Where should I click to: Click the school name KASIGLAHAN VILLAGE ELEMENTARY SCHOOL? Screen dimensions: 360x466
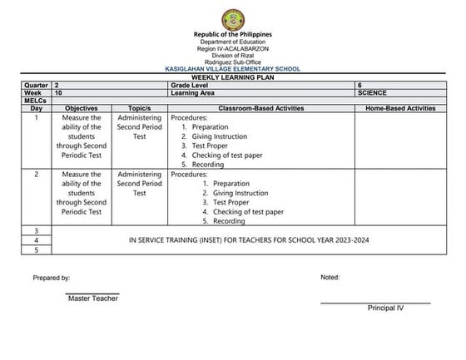coord(233,70)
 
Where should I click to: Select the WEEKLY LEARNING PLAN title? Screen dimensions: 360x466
coord(233,77)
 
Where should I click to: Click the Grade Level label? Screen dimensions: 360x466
coord(191,86)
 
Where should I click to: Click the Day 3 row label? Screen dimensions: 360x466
coord(36,230)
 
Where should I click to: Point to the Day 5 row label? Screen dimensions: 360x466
coord(36,249)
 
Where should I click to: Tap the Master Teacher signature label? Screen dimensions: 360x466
coord(92,299)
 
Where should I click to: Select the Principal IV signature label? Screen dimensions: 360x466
coord(385,308)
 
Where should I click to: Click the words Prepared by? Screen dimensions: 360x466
coord(52,278)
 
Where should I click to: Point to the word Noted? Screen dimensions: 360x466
coord(330,278)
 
